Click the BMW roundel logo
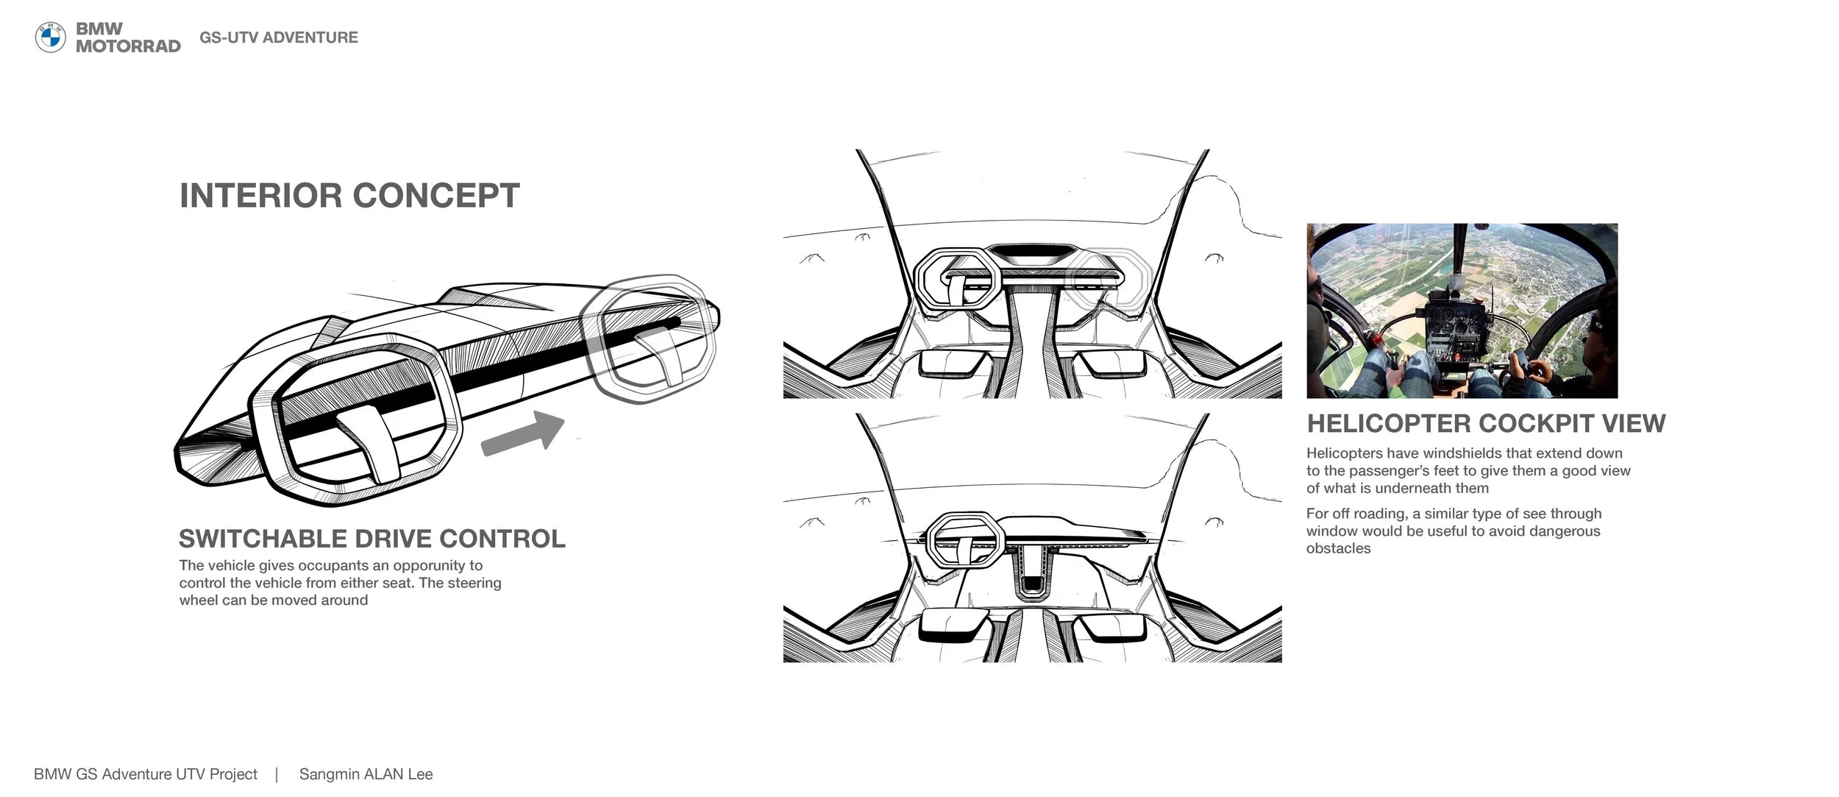point(51,38)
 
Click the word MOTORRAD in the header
point(128,46)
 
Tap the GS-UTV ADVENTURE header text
point(279,38)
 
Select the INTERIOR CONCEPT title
point(349,196)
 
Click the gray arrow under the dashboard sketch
point(523,432)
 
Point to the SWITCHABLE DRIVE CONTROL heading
point(372,539)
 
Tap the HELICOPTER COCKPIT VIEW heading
point(1486,423)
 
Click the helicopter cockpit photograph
point(1462,311)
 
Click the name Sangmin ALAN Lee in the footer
point(366,774)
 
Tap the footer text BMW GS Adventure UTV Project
point(146,774)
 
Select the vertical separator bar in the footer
point(277,774)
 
